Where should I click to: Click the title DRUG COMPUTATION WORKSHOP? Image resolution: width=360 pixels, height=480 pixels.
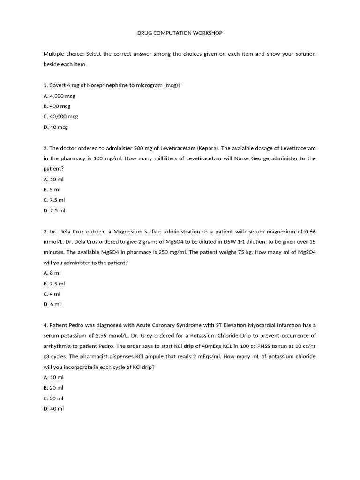pos(180,33)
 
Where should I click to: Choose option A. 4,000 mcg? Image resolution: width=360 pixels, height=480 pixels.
pos(59,96)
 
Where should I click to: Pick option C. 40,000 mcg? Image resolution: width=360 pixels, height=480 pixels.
pos(60,117)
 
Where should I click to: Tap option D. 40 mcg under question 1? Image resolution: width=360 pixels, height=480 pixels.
pos(56,127)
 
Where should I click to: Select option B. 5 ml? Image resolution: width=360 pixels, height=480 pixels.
pos(52,189)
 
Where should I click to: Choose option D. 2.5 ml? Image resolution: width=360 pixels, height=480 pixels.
pos(54,210)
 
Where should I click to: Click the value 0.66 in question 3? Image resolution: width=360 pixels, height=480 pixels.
pos(310,232)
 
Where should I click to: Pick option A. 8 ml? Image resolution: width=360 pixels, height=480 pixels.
pos(52,273)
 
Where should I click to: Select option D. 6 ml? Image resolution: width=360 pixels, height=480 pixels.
pos(52,304)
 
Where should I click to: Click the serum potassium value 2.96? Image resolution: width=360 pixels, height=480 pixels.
pos(103,336)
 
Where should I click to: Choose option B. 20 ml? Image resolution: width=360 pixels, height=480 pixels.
pos(53,388)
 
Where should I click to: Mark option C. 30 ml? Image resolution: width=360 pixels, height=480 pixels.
pos(53,398)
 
